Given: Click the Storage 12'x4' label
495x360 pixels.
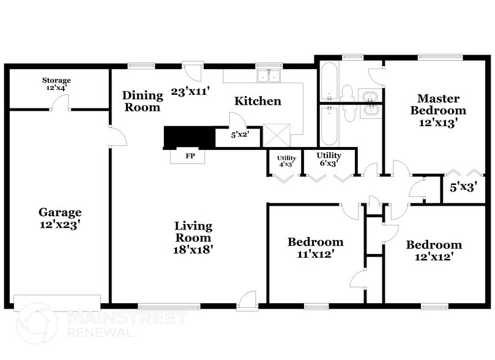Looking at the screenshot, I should tap(56, 84).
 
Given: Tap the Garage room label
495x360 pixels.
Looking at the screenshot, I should tap(60, 219).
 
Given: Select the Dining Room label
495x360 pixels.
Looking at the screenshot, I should tap(143, 101).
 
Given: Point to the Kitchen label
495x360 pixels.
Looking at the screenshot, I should tap(258, 101).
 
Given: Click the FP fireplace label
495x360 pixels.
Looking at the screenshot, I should tap(190, 156).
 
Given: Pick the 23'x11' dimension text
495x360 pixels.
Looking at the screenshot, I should tap(190, 92).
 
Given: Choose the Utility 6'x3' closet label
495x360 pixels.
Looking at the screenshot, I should tap(329, 159).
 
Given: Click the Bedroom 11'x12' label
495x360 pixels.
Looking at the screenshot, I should tap(315, 247).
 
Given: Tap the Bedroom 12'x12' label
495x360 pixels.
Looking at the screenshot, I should tap(434, 251).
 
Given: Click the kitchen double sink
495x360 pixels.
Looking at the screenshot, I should tap(268, 77).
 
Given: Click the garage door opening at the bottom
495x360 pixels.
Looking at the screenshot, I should tap(57, 301).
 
